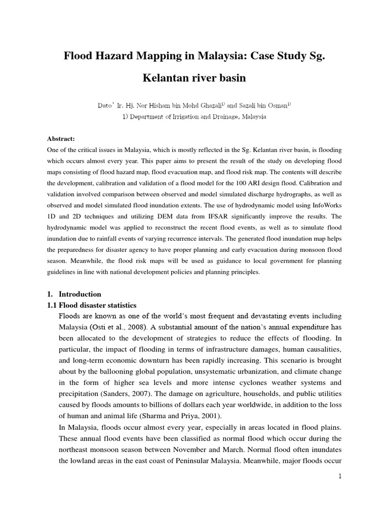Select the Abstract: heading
[61, 138]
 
